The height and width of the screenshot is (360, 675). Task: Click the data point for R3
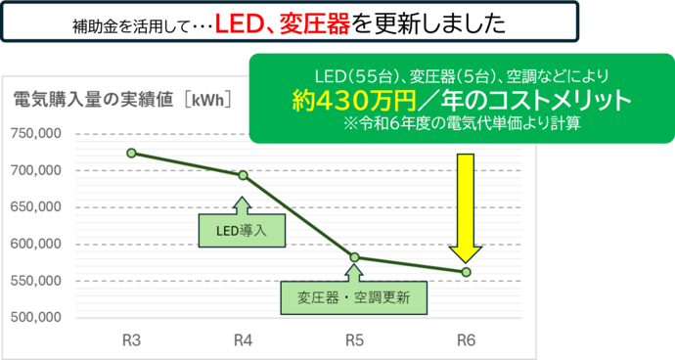click(x=132, y=153)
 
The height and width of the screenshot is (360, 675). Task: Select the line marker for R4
click(x=244, y=175)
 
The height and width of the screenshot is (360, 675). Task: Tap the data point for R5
click(x=354, y=257)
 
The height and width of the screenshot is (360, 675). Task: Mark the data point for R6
click(x=466, y=271)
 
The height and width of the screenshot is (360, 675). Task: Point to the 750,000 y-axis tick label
click(x=36, y=134)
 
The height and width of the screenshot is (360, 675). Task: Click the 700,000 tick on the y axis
click(x=36, y=171)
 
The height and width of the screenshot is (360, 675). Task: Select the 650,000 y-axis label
click(x=36, y=207)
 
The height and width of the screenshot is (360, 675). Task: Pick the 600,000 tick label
click(x=36, y=245)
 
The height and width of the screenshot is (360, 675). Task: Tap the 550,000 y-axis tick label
click(x=36, y=282)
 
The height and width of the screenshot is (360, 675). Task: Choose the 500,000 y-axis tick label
click(x=36, y=318)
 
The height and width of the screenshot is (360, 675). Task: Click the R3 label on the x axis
click(x=132, y=340)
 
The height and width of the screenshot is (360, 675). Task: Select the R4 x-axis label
click(x=244, y=340)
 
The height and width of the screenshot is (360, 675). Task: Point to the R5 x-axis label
click(x=354, y=340)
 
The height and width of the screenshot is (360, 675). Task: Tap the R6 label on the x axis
click(x=466, y=340)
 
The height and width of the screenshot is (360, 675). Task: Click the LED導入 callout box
click(x=241, y=231)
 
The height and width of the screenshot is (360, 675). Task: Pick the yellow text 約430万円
click(x=355, y=101)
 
